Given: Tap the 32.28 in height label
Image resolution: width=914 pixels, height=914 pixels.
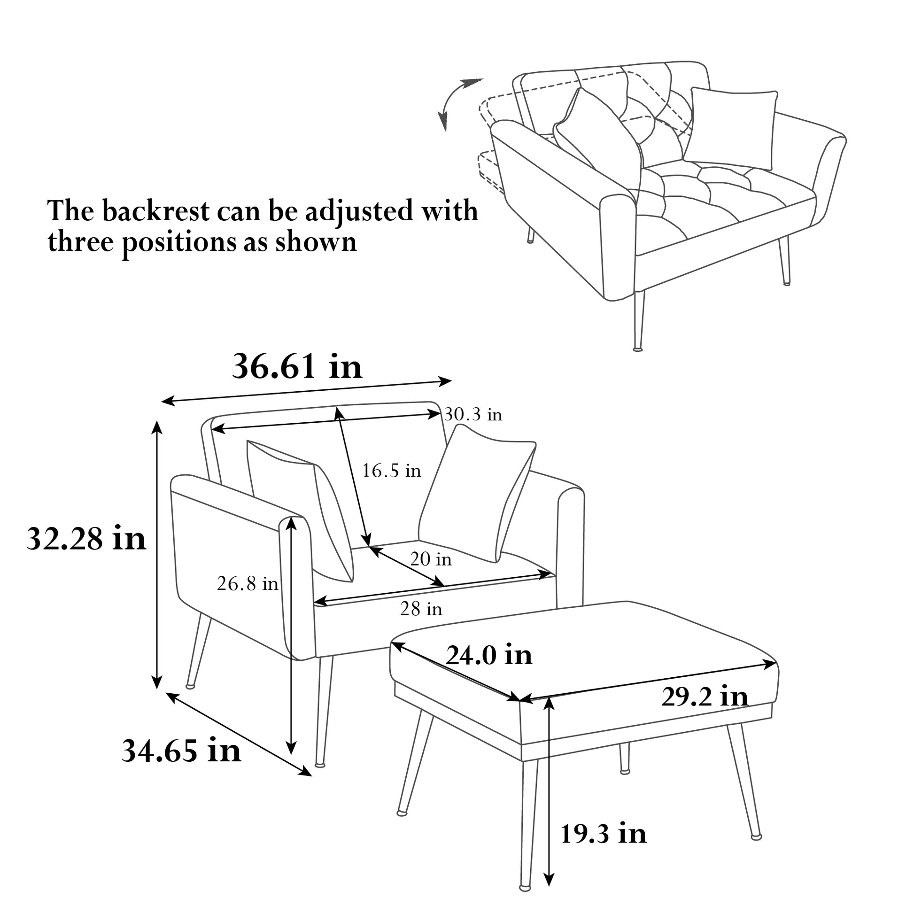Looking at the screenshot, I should (x=86, y=539).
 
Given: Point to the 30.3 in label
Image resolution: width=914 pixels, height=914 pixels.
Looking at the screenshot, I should (x=473, y=415).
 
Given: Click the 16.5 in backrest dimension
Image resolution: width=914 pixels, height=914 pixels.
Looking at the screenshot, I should (x=391, y=471).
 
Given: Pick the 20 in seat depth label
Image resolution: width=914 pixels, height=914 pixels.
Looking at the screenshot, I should (x=431, y=560).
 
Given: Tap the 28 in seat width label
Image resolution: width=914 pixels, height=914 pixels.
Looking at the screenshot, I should (x=421, y=609).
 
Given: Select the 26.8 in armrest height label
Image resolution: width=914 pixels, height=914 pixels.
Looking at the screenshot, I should (x=248, y=584).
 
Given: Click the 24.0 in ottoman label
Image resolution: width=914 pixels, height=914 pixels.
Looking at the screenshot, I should (x=489, y=655).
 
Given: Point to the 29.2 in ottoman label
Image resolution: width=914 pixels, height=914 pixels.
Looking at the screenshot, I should (x=705, y=697).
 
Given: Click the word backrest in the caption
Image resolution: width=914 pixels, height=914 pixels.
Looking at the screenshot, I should (x=156, y=211).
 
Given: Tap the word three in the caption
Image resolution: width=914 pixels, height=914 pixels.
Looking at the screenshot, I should (x=80, y=242).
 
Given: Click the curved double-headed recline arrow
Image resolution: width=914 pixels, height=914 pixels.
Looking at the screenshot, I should (x=455, y=102).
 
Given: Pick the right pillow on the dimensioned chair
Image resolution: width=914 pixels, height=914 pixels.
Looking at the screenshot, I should (x=478, y=492).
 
